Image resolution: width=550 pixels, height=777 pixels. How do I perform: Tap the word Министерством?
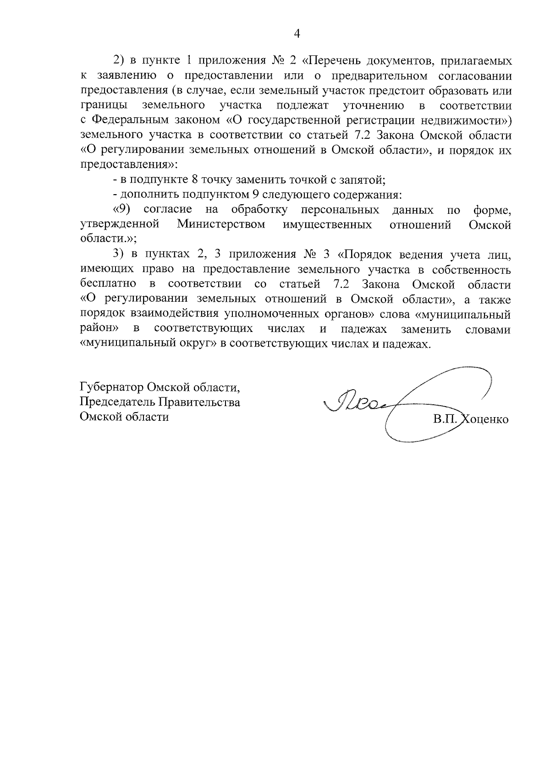coord(221,225)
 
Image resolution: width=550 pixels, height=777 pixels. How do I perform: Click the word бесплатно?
coord(108,284)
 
